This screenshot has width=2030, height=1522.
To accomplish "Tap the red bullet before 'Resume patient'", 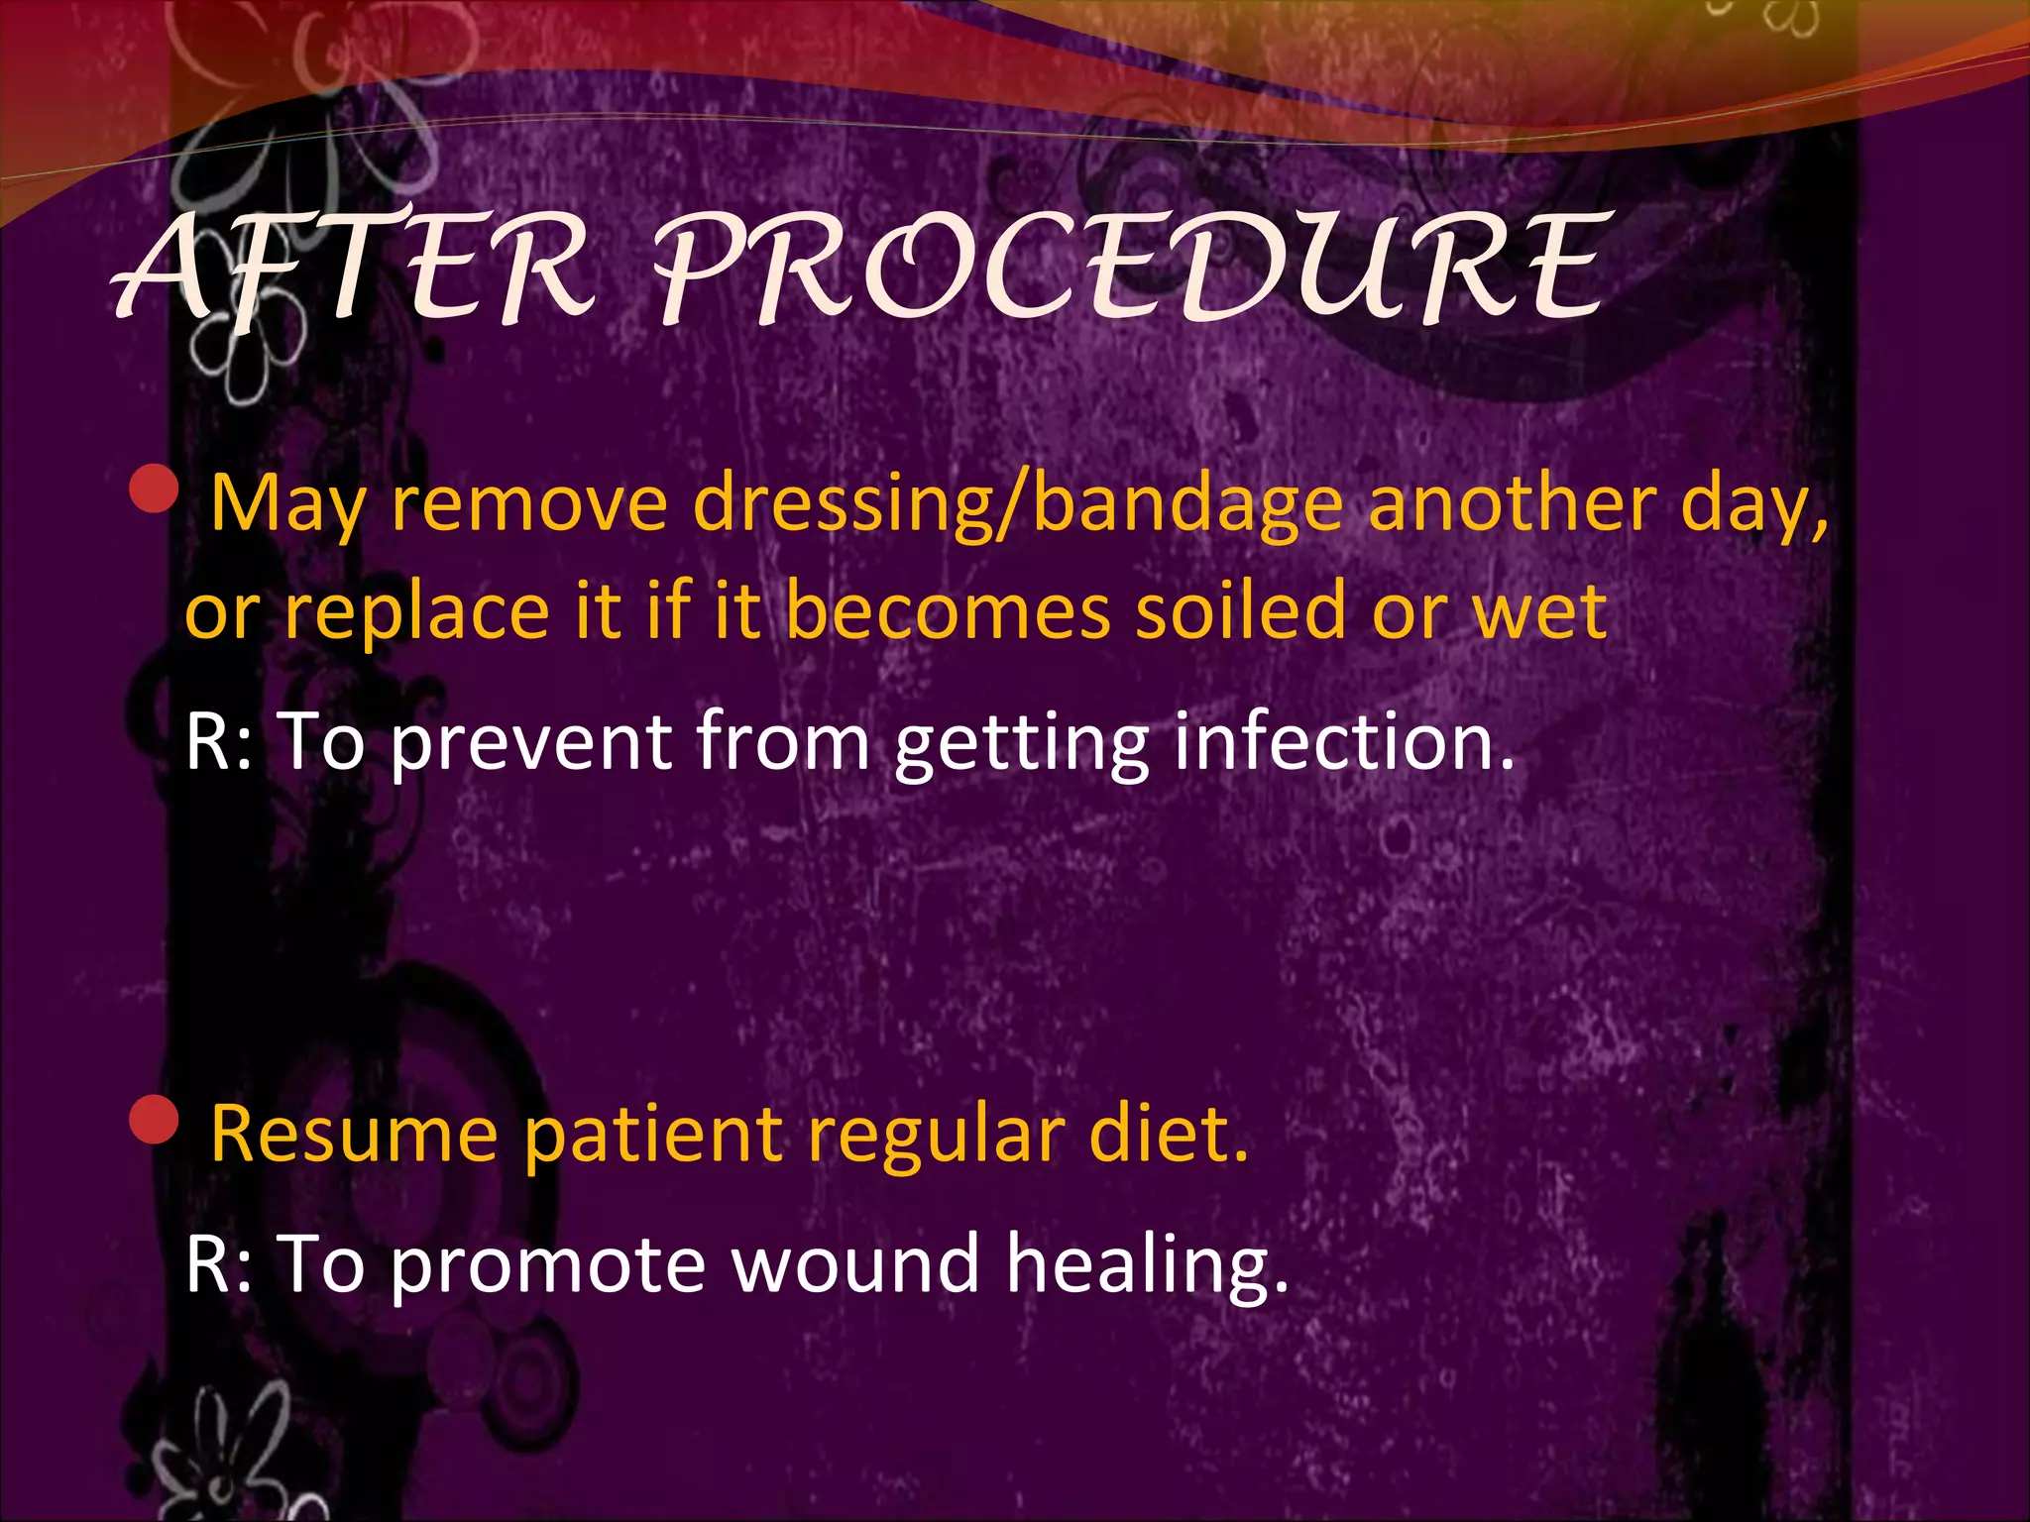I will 154,1120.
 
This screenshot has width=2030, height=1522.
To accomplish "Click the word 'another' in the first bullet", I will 1513,504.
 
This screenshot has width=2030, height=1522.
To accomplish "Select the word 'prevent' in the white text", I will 530,742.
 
